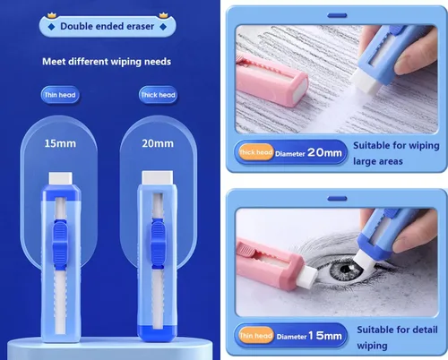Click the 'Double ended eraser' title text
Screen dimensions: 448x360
pyautogui.click(x=108, y=26)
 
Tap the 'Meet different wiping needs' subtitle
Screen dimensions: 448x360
pyautogui.click(x=107, y=62)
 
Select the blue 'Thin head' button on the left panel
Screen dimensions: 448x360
pyautogui.click(x=60, y=95)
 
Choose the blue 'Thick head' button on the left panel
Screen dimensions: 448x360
pyautogui.click(x=158, y=95)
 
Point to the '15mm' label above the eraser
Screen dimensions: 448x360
pyautogui.click(x=60, y=143)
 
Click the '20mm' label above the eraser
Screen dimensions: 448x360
pyautogui.click(x=158, y=143)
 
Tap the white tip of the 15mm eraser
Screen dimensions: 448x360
pyautogui.click(x=61, y=178)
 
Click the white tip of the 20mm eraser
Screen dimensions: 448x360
pyautogui.click(x=158, y=177)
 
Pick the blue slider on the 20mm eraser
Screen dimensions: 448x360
pyautogui.click(x=158, y=244)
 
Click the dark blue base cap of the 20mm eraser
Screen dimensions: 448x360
pyautogui.click(x=157, y=333)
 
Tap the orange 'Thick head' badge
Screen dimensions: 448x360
pyautogui.click(x=256, y=152)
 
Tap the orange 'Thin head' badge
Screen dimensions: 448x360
pyautogui.click(x=256, y=336)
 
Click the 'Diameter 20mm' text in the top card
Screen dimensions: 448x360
pyautogui.click(x=308, y=153)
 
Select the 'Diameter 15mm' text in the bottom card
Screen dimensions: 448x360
pyautogui.click(x=309, y=336)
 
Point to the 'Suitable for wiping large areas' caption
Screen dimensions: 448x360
pyautogui.click(x=396, y=153)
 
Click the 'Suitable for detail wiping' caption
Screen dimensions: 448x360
pyautogui.click(x=397, y=338)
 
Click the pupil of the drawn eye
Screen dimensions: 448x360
pyautogui.click(x=347, y=269)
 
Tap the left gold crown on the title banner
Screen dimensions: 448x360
pyautogui.click(x=52, y=15)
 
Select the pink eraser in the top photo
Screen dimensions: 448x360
pyautogui.click(x=271, y=80)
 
